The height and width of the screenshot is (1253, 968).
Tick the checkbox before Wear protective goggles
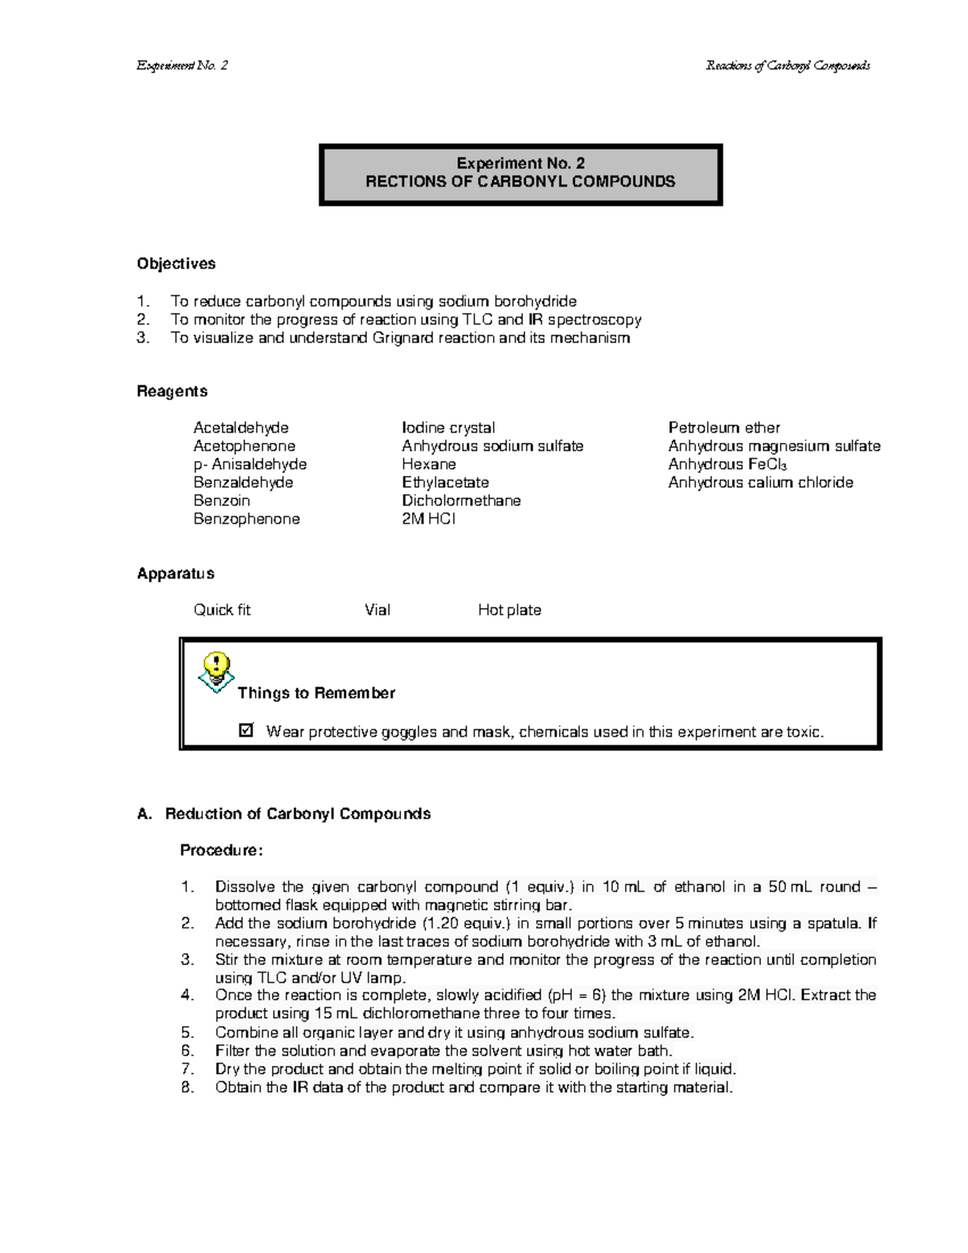click(x=246, y=731)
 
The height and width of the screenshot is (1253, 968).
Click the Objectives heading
click(x=176, y=264)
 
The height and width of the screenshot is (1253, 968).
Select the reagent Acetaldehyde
click(x=240, y=428)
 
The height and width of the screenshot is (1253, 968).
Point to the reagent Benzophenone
click(x=246, y=519)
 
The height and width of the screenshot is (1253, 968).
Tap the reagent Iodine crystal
click(x=448, y=428)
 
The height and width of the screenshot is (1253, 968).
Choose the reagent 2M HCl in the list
click(x=428, y=519)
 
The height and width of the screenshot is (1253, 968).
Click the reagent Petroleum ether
click(x=724, y=428)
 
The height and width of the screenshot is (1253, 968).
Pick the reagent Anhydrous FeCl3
click(x=727, y=465)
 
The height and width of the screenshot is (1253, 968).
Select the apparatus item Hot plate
click(x=509, y=610)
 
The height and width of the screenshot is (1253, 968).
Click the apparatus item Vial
click(x=377, y=610)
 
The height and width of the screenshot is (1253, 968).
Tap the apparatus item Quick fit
click(x=222, y=610)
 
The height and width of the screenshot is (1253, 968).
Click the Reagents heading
click(x=172, y=391)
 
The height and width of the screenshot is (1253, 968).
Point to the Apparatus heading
click(x=175, y=574)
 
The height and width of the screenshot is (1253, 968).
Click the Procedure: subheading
click(x=221, y=850)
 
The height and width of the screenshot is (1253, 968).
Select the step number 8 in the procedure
click(x=187, y=1088)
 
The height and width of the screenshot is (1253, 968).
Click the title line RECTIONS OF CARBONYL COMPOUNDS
click(x=520, y=182)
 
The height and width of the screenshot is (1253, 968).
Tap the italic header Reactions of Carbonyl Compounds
click(x=787, y=65)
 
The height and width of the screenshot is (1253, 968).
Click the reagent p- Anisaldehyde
click(x=249, y=465)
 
